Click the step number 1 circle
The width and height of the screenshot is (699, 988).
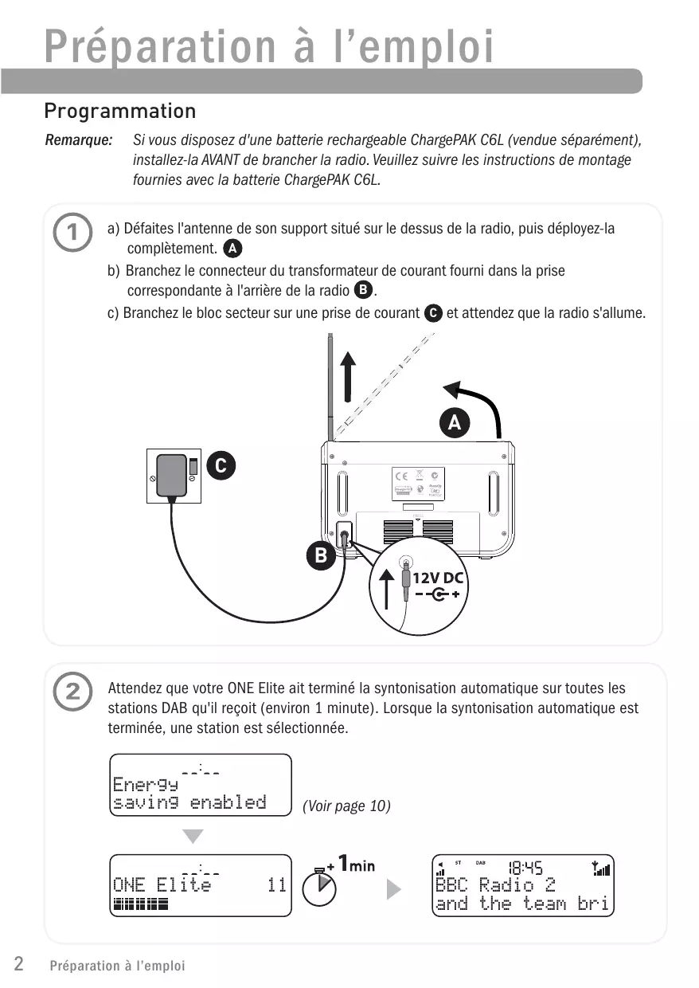point(72,233)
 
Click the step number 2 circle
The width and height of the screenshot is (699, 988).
point(72,692)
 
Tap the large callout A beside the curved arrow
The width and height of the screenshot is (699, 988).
point(455,423)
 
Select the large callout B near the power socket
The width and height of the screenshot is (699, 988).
point(321,555)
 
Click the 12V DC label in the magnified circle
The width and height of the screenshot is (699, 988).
point(438,578)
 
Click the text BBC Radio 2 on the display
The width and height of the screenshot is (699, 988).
point(494,885)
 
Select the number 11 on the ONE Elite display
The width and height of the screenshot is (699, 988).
point(276,885)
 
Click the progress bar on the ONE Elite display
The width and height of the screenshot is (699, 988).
point(141,904)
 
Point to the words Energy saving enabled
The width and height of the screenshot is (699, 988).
point(189,794)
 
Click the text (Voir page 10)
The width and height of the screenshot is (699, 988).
point(346,806)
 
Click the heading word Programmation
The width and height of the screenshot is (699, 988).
point(120,110)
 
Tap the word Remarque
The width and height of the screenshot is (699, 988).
point(78,141)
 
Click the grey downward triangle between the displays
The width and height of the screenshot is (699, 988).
point(193,836)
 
